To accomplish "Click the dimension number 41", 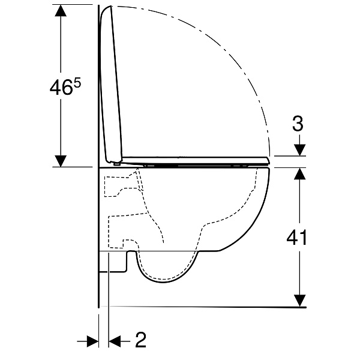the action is pyautogui.click(x=296, y=238).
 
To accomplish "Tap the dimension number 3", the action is pyautogui.click(x=298, y=124).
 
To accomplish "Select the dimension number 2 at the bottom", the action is pyautogui.click(x=140, y=340).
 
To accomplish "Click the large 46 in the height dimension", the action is pyautogui.click(x=61, y=88).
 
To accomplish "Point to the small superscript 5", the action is pyautogui.click(x=77, y=83).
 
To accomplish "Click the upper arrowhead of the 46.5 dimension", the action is pyautogui.click(x=61, y=11).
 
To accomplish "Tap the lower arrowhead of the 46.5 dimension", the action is pyautogui.click(x=61, y=161).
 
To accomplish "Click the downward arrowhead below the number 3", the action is pyautogui.click(x=299, y=150).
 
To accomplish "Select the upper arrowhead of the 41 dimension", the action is pyautogui.click(x=299, y=173).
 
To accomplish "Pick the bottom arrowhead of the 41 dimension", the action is pyautogui.click(x=299, y=301).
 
